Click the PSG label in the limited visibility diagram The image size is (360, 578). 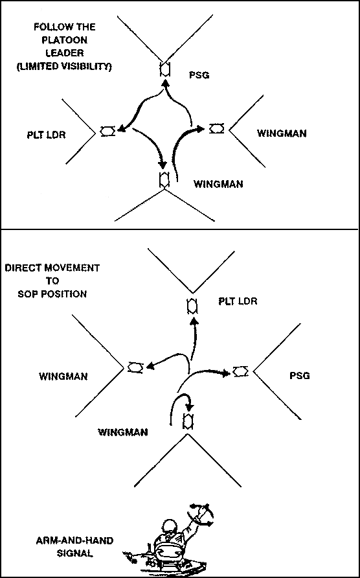coord(199,75)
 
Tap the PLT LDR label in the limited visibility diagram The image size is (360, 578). coord(47,135)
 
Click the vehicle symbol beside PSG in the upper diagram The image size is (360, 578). coord(164,69)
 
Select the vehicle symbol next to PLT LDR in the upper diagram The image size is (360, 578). coord(108,131)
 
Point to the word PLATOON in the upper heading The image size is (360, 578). coord(65,40)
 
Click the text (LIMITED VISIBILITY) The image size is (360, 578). coord(65,68)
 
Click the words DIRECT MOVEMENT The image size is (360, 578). coord(52,268)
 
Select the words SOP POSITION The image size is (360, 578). coord(52,295)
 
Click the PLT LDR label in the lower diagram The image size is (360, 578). coord(238,301)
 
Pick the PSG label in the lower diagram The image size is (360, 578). coord(300,376)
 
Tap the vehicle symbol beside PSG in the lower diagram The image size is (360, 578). coord(241,371)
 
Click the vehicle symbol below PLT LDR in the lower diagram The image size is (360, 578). coord(192,306)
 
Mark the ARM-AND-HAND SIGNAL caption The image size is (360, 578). coord(75,548)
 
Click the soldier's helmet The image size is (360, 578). coord(170,526)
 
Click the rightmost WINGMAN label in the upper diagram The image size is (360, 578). coord(282,133)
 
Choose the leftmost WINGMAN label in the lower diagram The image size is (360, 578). coord(63,376)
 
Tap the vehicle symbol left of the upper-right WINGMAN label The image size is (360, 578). coord(216,128)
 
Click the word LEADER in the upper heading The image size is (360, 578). coord(65,53)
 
